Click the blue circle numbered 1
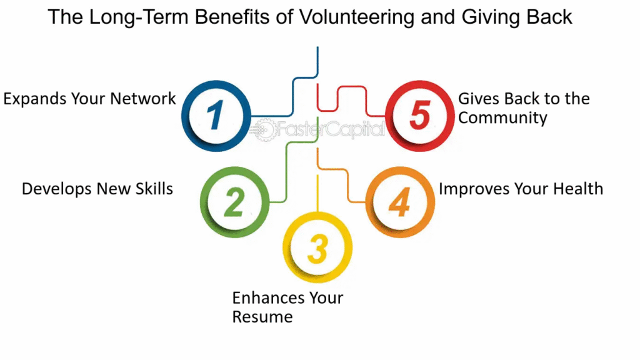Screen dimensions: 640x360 click(216, 116)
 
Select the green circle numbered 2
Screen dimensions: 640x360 click(235, 202)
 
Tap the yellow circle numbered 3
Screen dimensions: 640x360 click(317, 247)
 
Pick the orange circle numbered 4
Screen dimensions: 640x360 click(400, 202)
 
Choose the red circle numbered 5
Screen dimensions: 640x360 click(419, 116)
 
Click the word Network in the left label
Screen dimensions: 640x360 click(143, 99)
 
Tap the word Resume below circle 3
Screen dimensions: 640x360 click(262, 317)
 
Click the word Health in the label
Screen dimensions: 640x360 click(578, 189)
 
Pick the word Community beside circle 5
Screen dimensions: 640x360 click(502, 118)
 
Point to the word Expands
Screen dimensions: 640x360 click(35, 99)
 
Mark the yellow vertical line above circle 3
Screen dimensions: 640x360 click(317, 194)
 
